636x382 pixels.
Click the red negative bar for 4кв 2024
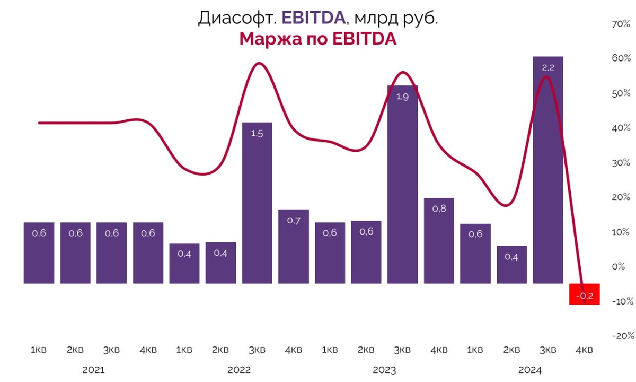(584, 294)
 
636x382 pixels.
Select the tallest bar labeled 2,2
(548, 170)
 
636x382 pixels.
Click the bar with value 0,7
(294, 246)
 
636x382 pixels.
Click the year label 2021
(93, 370)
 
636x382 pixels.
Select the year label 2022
(239, 370)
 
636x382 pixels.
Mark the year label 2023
(385, 370)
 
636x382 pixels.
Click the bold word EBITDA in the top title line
(313, 18)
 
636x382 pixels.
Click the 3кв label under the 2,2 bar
(548, 350)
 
